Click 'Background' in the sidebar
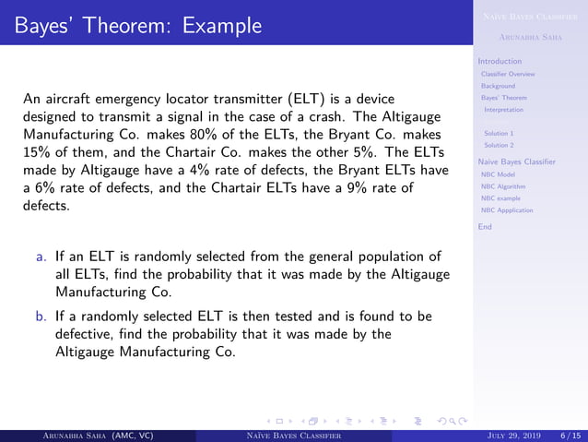point(498,86)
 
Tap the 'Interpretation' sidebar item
point(503,110)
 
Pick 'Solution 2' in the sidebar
point(499,145)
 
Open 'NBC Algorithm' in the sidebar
point(502,185)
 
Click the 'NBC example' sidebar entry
point(500,197)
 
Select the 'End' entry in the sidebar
point(485,226)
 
